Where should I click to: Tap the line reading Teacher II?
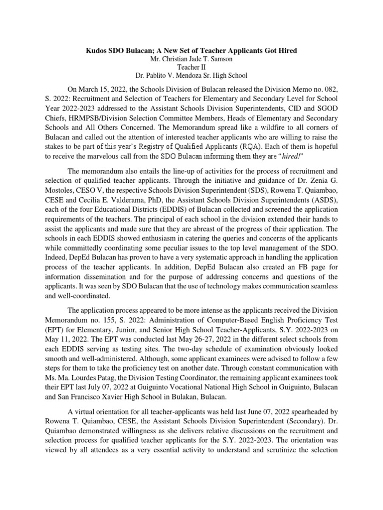[191, 68]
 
